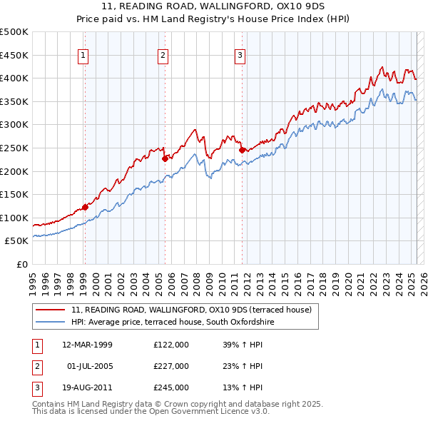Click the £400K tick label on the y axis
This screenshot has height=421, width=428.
point(14,78)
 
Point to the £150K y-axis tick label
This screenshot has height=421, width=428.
point(14,194)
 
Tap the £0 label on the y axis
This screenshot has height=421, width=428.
point(21,264)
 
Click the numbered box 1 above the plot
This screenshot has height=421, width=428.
point(84,55)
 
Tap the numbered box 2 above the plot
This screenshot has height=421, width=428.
point(163,55)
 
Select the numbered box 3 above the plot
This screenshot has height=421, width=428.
point(240,55)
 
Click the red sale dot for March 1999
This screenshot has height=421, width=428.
point(85,207)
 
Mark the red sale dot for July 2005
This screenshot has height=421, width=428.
point(165,158)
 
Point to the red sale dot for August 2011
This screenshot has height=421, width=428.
point(242,150)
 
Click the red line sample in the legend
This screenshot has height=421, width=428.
point(50,310)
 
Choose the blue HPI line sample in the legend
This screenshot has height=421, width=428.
point(50,323)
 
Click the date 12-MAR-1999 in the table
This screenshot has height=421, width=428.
point(87,345)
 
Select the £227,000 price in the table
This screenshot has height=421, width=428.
point(171,366)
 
